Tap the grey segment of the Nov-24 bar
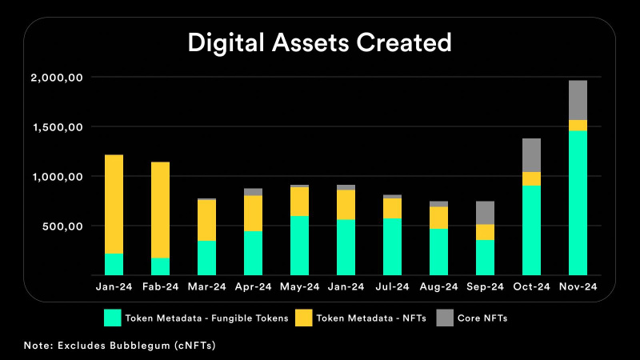pyautogui.click(x=578, y=100)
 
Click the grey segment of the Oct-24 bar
pyautogui.click(x=531, y=155)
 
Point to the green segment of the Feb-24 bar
pyautogui.click(x=160, y=266)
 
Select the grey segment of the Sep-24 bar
pyautogui.click(x=485, y=213)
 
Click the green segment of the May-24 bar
pyautogui.click(x=299, y=245)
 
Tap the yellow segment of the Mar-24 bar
pyautogui.click(x=206, y=220)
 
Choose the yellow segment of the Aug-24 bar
pyautogui.click(x=438, y=218)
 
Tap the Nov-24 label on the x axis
pyautogui.click(x=578, y=286)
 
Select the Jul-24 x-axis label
pyautogui.click(x=392, y=286)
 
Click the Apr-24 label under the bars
pyautogui.click(x=253, y=286)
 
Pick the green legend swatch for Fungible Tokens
pyautogui.click(x=111, y=318)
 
